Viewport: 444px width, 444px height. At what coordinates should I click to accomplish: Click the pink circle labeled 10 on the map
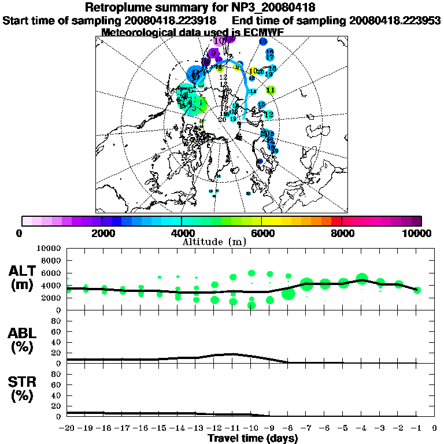coord(219,40)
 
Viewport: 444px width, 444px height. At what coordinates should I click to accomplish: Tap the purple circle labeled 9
coord(214,53)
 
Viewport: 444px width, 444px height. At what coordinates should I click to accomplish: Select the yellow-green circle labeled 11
coord(270,90)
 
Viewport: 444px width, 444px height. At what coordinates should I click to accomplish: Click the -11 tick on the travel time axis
coord(233,428)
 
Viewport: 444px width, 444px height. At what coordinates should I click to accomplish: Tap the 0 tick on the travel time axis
coord(435,428)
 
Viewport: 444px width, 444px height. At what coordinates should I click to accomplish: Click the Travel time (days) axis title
coord(253,439)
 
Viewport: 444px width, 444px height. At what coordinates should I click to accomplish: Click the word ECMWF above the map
coord(264,32)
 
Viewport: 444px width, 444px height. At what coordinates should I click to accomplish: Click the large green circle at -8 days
coord(288,294)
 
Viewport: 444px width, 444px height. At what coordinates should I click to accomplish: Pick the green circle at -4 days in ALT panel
coord(362,279)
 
